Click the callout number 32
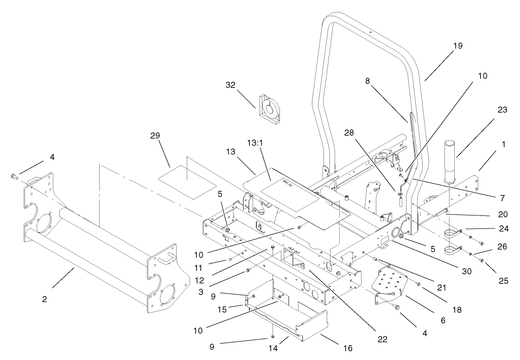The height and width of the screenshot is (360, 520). pyautogui.click(x=230, y=85)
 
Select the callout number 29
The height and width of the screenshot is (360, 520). pyautogui.click(x=155, y=135)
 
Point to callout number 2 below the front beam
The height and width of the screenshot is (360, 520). pyautogui.click(x=44, y=299)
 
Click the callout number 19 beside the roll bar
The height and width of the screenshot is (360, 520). pyautogui.click(x=457, y=46)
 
